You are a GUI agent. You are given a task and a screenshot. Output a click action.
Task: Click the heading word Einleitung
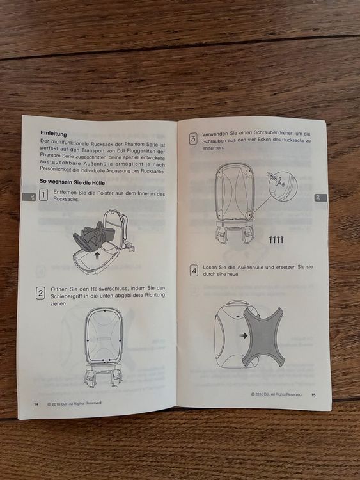pyautogui.click(x=54, y=134)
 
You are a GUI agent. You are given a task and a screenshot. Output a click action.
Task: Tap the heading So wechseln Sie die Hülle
pyautogui.click(x=72, y=182)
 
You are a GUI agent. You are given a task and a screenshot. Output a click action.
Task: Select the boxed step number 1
pyautogui.click(x=43, y=195)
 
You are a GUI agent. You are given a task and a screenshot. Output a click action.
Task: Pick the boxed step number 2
pyautogui.click(x=40, y=293)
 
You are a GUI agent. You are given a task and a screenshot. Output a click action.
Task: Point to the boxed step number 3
pyautogui.click(x=193, y=139)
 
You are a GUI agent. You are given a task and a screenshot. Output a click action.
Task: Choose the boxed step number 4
pyautogui.click(x=194, y=271)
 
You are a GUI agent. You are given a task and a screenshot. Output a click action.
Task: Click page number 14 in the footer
pyautogui.click(x=36, y=404)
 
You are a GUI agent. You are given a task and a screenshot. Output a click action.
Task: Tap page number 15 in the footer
pyautogui.click(x=313, y=395)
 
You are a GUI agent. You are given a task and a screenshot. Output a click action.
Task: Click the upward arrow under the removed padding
pyautogui.click(x=97, y=255)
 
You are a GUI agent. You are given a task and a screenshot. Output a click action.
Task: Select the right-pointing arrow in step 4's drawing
pyautogui.click(x=244, y=335)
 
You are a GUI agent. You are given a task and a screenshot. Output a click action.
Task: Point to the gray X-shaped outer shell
pyautogui.click(x=263, y=337)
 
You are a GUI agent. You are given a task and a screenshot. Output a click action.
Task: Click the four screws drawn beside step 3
pyautogui.click(x=276, y=239)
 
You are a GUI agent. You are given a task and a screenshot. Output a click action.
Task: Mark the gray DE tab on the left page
pyautogui.click(x=29, y=197)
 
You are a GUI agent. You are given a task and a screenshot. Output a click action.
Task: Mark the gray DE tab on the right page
pyautogui.click(x=320, y=198)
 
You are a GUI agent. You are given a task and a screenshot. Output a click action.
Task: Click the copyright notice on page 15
pyautogui.click(x=276, y=394)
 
